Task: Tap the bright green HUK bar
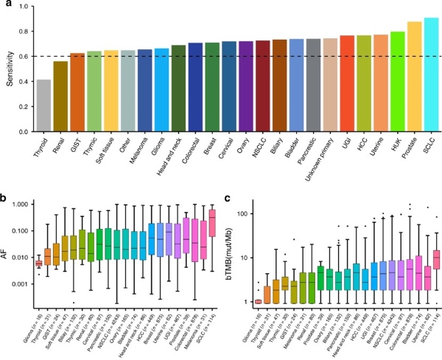397,81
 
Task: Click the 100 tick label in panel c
248,213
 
